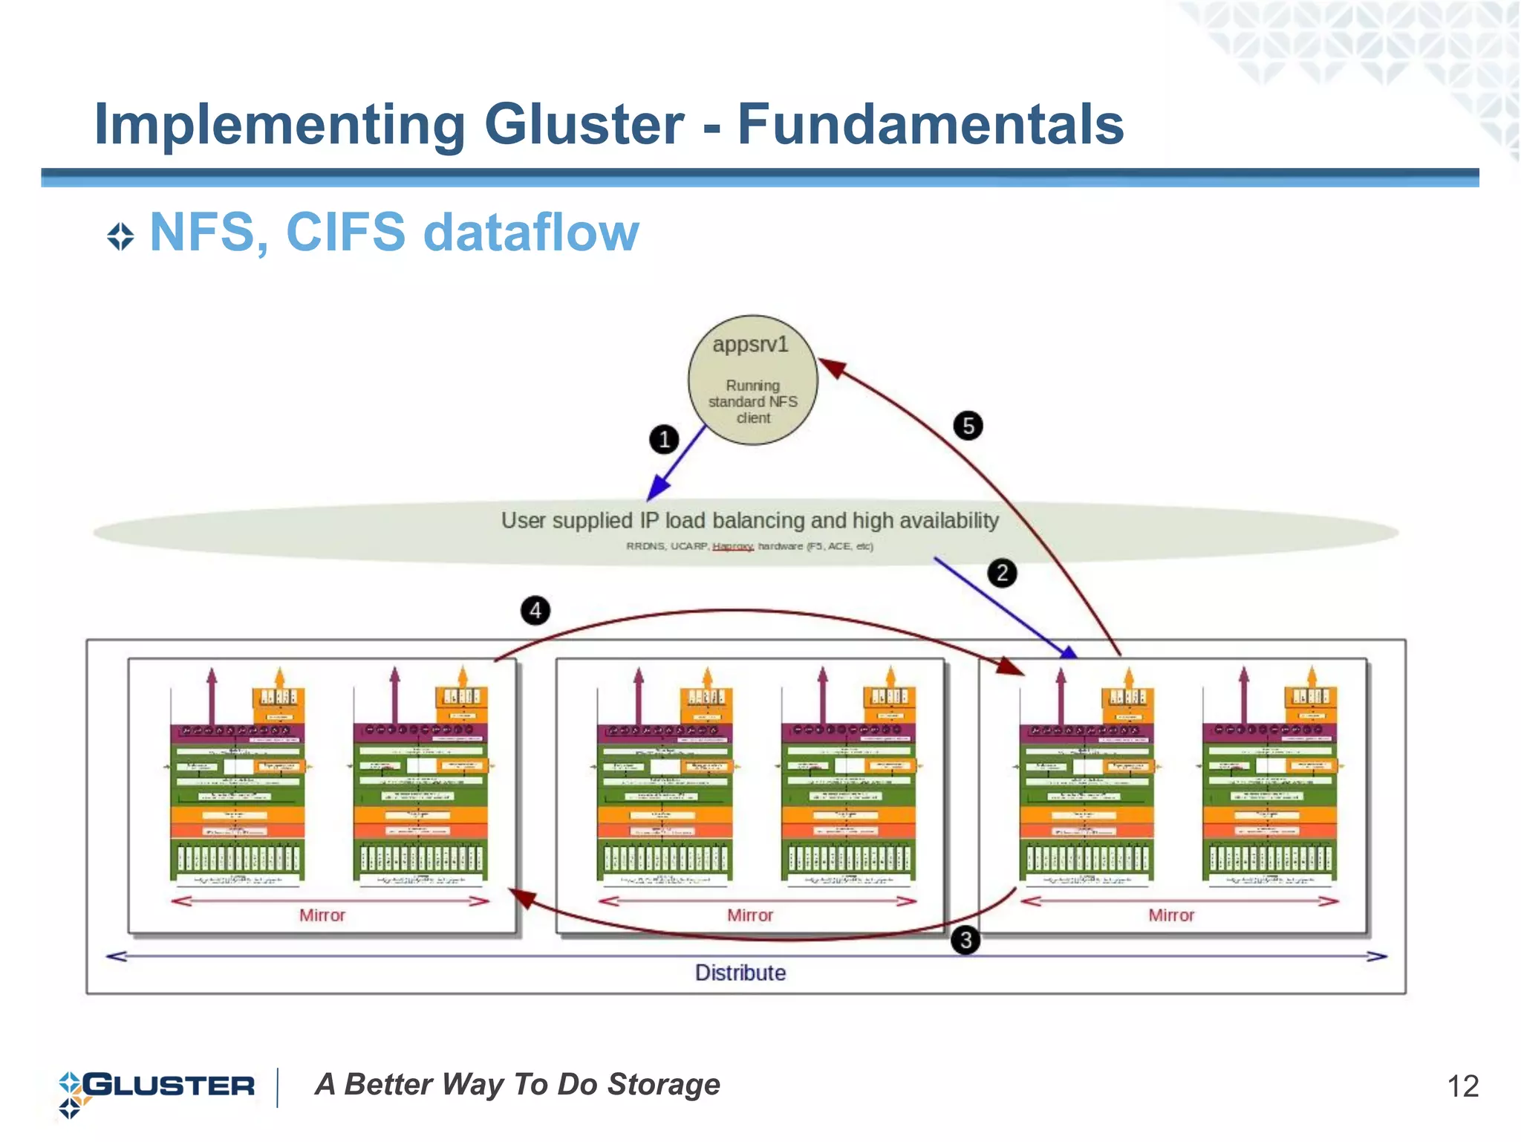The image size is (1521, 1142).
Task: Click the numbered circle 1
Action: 664,439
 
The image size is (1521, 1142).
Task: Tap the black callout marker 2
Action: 1002,573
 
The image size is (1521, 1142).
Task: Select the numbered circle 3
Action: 965,941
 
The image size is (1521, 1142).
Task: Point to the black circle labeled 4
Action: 535,611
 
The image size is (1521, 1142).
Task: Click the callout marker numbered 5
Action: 968,426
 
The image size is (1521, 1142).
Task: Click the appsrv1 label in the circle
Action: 750,345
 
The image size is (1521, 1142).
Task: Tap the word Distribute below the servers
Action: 740,973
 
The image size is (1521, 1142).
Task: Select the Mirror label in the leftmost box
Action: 322,915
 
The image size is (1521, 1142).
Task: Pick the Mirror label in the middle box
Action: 749,915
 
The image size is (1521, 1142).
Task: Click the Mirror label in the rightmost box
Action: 1170,915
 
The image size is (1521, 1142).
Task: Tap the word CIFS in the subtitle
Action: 345,233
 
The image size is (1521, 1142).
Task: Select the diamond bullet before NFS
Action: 120,237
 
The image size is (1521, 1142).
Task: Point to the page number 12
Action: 1462,1086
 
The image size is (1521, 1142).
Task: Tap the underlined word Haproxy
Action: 732,546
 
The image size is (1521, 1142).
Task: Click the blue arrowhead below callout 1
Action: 657,489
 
